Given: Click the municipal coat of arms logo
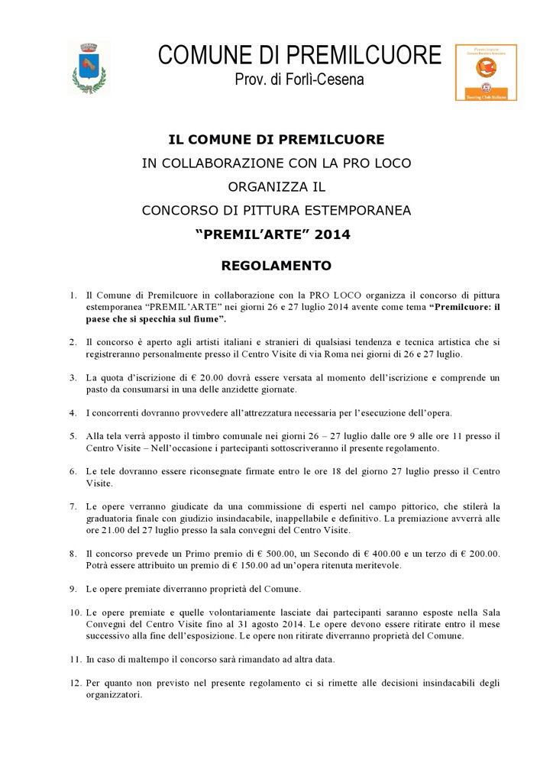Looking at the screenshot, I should (89, 69).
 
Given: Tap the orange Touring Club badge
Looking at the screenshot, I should (486, 73).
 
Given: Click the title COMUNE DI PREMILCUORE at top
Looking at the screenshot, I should (299, 55).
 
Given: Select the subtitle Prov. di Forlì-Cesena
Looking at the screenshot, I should (299, 79).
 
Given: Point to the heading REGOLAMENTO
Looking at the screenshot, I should (276, 267).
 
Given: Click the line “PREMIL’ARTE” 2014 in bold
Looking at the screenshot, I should (276, 234).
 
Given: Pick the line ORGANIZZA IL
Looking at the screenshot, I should (276, 186).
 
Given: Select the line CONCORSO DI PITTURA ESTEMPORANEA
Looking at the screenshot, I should (276, 210).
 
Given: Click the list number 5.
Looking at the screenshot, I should (73, 436).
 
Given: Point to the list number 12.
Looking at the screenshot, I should (75, 683).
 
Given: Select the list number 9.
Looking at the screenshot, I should (73, 589).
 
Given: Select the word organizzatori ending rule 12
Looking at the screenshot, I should (114, 696).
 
